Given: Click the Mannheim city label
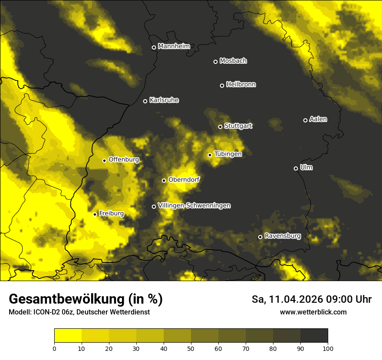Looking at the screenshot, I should pyautogui.click(x=174, y=46).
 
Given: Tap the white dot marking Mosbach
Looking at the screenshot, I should pyautogui.click(x=215, y=62).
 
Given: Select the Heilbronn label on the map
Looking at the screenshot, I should pyautogui.click(x=241, y=84).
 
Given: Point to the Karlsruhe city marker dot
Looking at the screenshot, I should pyautogui.click(x=145, y=101).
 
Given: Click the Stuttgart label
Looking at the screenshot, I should pyautogui.click(x=238, y=126).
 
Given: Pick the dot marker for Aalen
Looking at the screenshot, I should pyautogui.click(x=305, y=120).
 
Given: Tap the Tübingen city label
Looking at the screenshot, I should pyautogui.click(x=228, y=154).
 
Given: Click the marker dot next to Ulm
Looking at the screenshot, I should pyautogui.click(x=296, y=168).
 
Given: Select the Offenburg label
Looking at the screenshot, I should pyautogui.click(x=124, y=160).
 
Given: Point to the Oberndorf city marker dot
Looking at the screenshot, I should pyautogui.click(x=164, y=180).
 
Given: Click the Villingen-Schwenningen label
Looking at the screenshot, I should pyautogui.click(x=194, y=206).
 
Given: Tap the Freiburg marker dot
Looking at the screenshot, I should pyautogui.click(x=95, y=214).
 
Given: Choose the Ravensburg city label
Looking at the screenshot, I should pyautogui.click(x=283, y=236).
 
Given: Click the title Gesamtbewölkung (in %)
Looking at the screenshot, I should pyautogui.click(x=86, y=299).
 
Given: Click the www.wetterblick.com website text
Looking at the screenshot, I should pyautogui.click(x=313, y=312).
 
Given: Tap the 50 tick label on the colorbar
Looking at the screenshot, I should pyautogui.click(x=191, y=348).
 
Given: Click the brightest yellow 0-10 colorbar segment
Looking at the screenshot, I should pyautogui.click(x=68, y=336).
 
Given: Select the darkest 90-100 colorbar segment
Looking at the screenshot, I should pyautogui.click(x=314, y=336).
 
